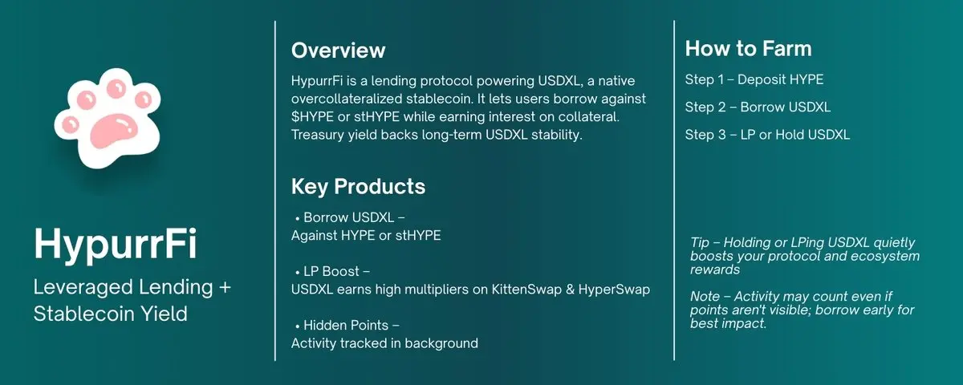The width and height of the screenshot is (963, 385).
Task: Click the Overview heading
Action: (338, 51)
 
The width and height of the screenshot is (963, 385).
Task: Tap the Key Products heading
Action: (358, 186)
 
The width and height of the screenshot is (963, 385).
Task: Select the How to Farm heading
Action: (748, 49)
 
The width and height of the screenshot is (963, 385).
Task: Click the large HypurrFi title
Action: (116, 243)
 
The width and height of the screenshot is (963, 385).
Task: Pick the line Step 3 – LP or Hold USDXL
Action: (767, 134)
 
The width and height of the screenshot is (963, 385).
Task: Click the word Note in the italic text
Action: (705, 297)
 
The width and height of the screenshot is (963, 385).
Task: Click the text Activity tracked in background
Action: (384, 343)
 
